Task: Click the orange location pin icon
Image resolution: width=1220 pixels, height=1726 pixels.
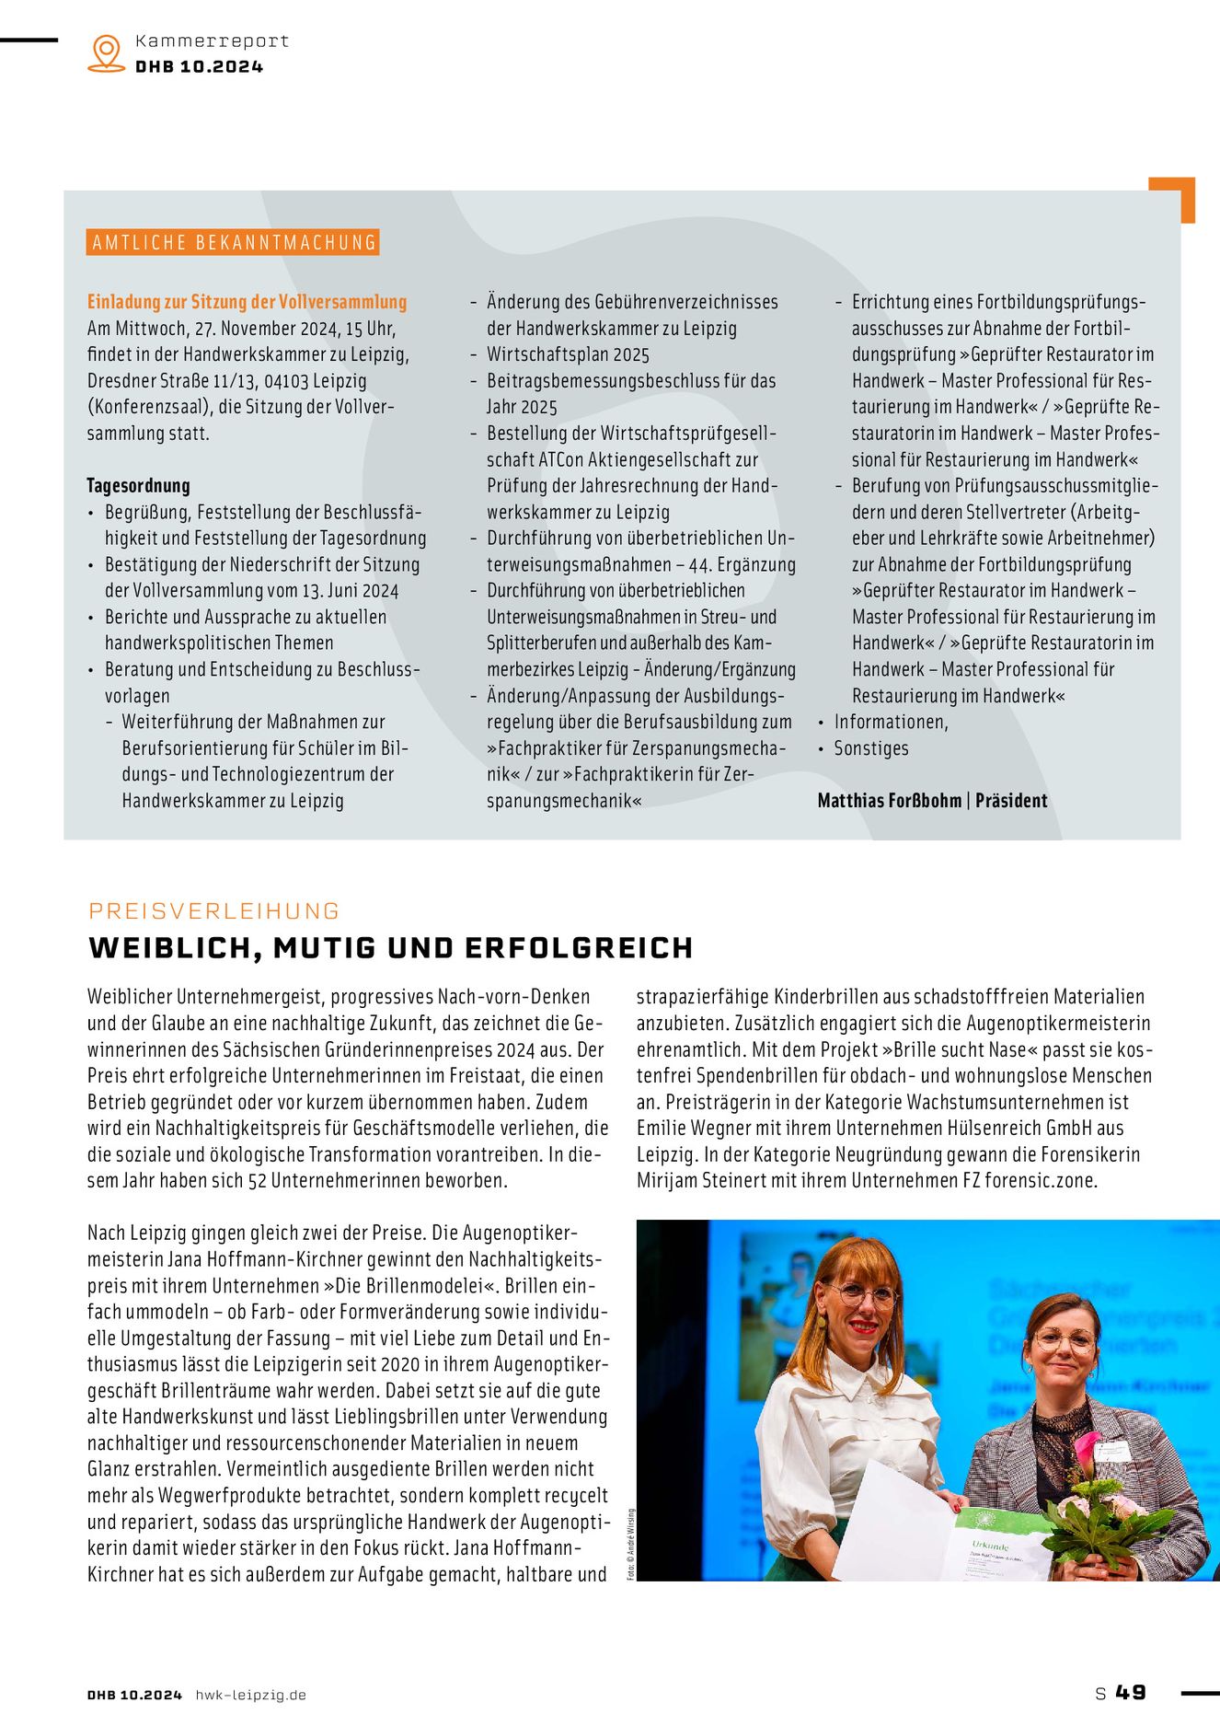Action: pos(107,52)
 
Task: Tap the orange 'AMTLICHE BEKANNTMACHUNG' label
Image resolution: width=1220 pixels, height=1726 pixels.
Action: pos(234,242)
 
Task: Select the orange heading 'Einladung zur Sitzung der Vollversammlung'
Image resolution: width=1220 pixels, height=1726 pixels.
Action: pos(247,302)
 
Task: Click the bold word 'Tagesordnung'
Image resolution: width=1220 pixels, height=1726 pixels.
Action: pos(138,486)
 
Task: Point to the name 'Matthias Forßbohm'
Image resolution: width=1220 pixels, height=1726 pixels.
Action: pos(889,801)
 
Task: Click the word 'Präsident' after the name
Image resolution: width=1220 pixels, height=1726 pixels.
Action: pos(1011,801)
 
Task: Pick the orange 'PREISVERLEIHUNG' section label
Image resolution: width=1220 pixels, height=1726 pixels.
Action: pos(214,911)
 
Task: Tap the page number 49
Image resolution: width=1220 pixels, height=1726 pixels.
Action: pos(1131,1693)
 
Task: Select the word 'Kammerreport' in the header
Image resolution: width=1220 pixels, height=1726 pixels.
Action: pos(212,41)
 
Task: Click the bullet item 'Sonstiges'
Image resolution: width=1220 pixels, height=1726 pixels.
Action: pos(870,748)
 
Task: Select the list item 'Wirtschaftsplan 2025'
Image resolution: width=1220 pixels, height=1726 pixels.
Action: pos(568,354)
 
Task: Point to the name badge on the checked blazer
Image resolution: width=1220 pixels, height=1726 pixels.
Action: pos(1111,1449)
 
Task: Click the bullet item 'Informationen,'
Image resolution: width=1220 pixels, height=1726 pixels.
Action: pos(891,722)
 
